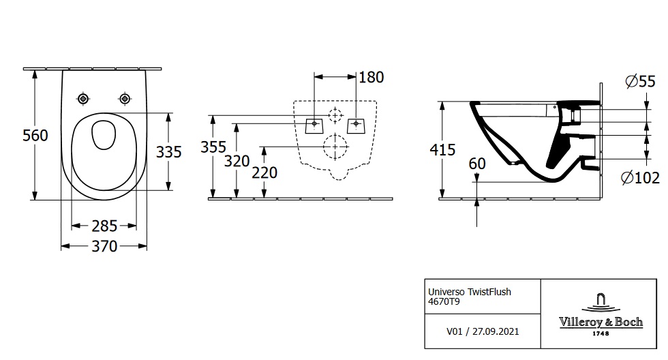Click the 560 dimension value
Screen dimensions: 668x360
coord(35,136)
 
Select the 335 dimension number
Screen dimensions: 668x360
coord(169,151)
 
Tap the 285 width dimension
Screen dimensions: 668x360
coord(104,226)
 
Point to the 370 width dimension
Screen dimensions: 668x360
coord(104,246)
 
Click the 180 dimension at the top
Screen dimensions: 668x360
coord(371,77)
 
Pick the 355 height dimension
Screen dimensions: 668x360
coord(213,147)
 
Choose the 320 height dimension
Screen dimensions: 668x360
coord(237,161)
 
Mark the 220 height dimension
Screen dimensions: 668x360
coord(264,172)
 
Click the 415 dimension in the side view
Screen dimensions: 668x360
coord(442,149)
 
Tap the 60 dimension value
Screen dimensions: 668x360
coord(477,164)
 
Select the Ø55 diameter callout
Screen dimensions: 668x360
coord(640,81)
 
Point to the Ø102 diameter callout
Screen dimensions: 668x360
coord(640,177)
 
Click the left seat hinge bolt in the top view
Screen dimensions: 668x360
coord(83,99)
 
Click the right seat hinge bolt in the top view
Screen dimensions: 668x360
coord(125,99)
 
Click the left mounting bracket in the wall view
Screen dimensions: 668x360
coord(314,125)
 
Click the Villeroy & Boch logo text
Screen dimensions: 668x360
coord(601,322)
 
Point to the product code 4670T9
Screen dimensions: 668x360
coord(444,301)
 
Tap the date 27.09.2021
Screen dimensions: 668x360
coord(496,331)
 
